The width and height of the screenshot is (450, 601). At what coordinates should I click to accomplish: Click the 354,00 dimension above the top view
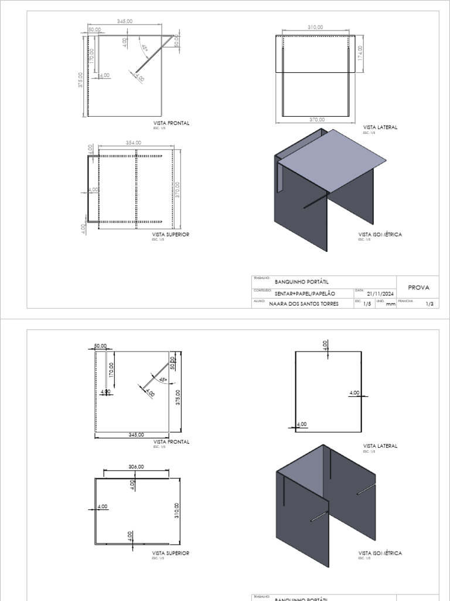[133, 142]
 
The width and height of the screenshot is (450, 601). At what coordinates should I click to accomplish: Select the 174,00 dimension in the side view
[360, 53]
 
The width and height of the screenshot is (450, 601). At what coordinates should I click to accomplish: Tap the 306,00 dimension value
[136, 467]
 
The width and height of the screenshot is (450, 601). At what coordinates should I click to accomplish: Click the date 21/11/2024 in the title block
[380, 293]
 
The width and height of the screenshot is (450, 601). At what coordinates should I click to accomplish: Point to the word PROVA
[418, 288]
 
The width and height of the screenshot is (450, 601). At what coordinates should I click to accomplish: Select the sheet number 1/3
[429, 303]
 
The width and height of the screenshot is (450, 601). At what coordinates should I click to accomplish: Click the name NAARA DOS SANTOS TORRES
[304, 304]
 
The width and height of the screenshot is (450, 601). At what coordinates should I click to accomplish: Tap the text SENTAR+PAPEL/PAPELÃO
[305, 293]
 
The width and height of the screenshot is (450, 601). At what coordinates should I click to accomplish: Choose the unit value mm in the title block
[391, 304]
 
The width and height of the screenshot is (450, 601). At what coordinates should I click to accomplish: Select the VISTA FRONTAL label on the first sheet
[171, 123]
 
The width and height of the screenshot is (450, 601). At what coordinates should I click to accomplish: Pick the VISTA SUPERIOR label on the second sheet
[171, 553]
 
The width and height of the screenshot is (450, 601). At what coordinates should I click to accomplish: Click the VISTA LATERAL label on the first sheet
[380, 127]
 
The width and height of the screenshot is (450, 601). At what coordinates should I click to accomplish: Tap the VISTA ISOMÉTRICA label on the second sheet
[380, 553]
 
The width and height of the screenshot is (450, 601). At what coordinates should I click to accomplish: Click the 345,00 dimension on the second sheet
[136, 434]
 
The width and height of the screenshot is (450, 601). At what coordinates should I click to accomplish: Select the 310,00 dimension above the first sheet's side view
[315, 27]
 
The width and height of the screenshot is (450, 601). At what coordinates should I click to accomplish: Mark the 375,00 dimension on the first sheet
[81, 80]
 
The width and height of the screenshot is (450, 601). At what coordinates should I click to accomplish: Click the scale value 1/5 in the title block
[367, 304]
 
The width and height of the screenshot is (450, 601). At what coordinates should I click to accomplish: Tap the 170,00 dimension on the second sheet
[111, 370]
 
